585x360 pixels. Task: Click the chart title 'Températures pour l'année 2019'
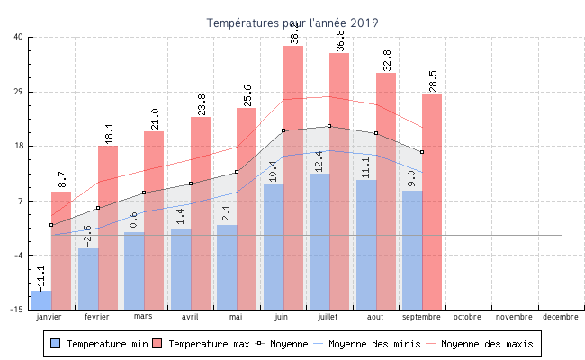point(292,22)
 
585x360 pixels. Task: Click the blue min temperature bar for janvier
point(41,300)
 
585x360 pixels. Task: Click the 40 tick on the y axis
point(19,37)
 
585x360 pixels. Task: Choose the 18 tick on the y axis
point(19,146)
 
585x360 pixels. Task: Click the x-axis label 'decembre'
point(561,317)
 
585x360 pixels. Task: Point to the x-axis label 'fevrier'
point(97,317)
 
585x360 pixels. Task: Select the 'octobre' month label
point(467,317)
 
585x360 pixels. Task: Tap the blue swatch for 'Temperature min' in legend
point(56,344)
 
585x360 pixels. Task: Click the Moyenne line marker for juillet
point(329,126)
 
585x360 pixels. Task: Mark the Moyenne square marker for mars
point(144,193)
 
